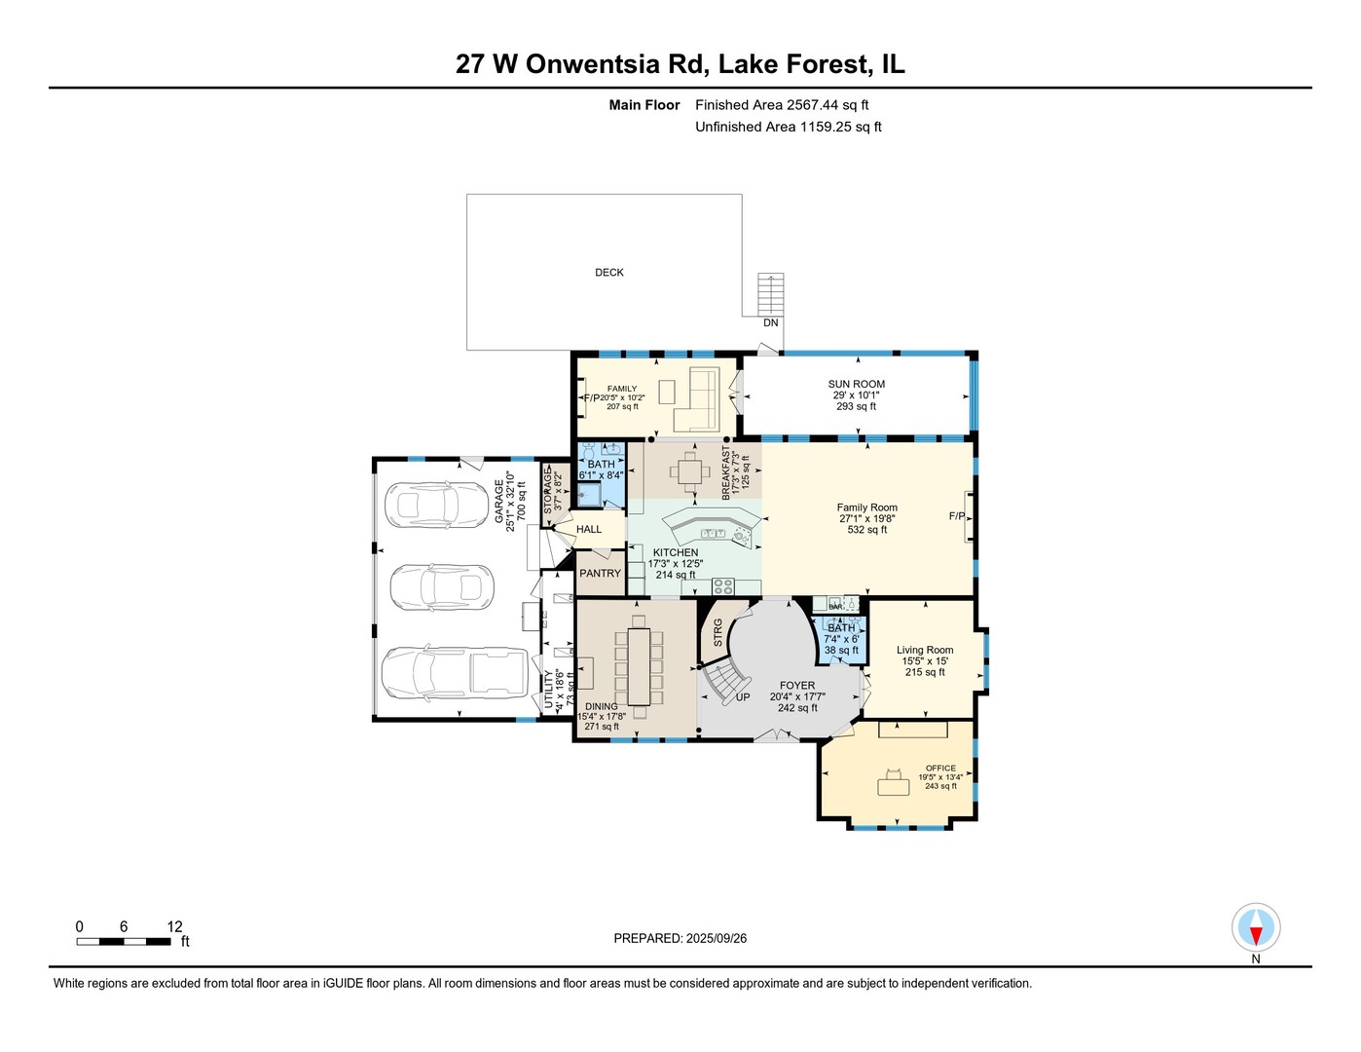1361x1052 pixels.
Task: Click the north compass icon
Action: [1255, 927]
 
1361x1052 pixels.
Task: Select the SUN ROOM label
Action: [856, 384]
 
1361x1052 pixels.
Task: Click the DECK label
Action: [609, 273]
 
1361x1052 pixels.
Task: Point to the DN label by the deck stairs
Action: [770, 322]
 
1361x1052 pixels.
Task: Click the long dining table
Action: [639, 666]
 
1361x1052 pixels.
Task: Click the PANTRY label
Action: [600, 574]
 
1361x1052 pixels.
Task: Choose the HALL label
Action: [589, 529]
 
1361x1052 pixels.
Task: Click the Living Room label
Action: [925, 650]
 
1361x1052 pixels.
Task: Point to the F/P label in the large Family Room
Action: [957, 515]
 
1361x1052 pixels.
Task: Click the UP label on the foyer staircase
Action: [743, 696]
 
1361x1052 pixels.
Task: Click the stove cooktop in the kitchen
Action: [723, 585]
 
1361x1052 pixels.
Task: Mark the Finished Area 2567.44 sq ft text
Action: [781, 105]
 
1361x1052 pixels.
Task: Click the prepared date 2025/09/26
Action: [716, 938]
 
